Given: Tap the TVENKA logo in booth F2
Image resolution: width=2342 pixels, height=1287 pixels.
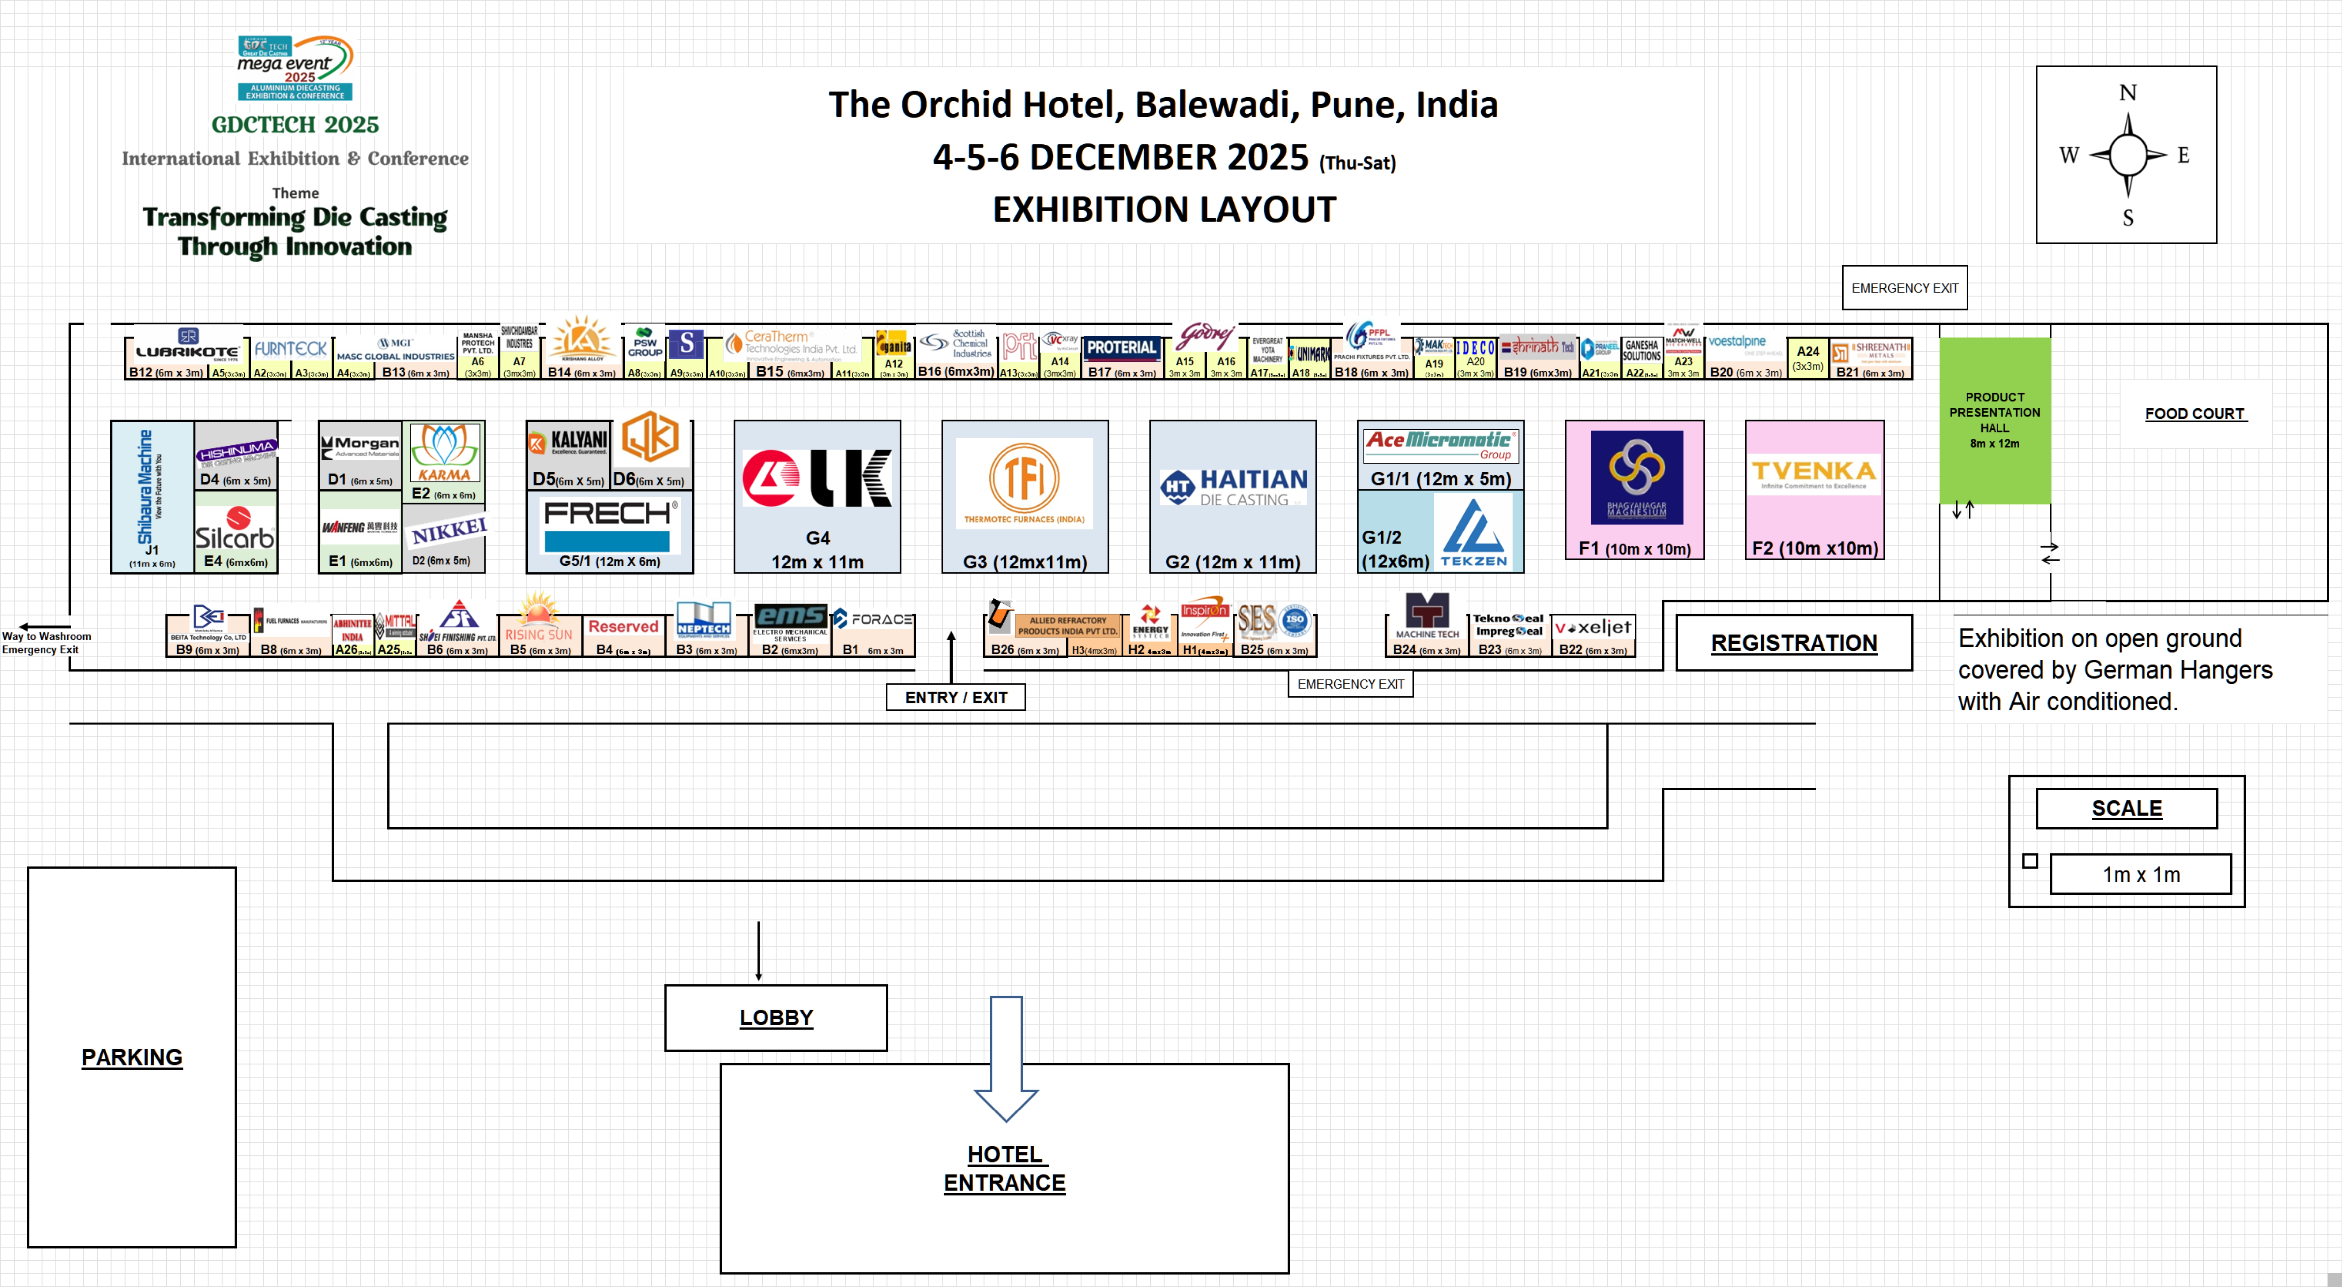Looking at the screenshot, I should (x=1814, y=473).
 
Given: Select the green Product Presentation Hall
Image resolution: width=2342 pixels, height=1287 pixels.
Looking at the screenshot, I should (x=1995, y=420).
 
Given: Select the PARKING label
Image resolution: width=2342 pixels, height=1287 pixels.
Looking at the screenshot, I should (x=132, y=1057).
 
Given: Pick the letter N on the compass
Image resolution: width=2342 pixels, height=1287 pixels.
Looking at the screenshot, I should (x=2127, y=93).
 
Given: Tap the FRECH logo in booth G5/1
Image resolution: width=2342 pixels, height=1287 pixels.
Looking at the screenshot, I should (x=608, y=514).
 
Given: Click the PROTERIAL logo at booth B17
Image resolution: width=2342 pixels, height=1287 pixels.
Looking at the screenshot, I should (x=1122, y=347).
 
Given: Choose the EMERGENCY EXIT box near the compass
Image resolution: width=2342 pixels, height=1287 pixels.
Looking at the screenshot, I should (x=1904, y=288).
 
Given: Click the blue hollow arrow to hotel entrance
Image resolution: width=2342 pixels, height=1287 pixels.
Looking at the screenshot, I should (x=1006, y=1055).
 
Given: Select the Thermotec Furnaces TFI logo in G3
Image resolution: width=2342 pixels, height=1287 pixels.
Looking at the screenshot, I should (x=1024, y=482).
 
